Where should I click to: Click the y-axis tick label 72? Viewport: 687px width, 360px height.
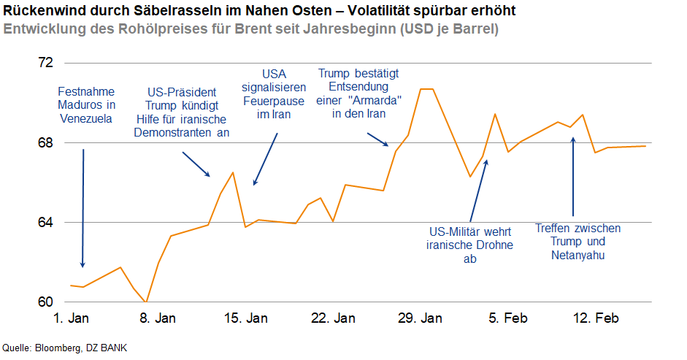tap(45, 63)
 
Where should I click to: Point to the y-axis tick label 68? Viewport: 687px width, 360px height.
tap(45, 142)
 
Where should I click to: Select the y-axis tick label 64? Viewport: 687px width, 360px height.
tap(45, 222)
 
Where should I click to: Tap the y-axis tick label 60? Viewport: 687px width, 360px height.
tap(45, 302)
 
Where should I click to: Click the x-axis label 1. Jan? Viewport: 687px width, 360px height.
tap(71, 318)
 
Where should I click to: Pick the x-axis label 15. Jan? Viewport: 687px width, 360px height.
tap(245, 318)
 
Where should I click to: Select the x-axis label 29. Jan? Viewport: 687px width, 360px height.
tap(421, 318)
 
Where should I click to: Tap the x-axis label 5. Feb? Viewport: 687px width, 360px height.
tap(507, 318)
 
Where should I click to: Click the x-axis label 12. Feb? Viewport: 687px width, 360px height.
tap(595, 318)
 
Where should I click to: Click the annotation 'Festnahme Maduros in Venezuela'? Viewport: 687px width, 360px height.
tap(85, 106)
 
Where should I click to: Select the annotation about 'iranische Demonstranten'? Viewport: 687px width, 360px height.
tap(182, 112)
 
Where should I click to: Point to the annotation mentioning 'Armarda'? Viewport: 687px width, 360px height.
tap(358, 94)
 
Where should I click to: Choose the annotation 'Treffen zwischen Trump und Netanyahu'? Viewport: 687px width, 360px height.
tap(577, 242)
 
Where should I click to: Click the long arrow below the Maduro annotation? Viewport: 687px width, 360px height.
tap(83, 208)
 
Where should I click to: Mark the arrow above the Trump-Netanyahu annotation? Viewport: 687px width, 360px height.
tap(573, 175)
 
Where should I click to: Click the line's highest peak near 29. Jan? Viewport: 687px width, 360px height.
tap(427, 89)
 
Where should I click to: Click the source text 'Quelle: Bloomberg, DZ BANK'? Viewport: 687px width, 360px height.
tap(59, 348)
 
